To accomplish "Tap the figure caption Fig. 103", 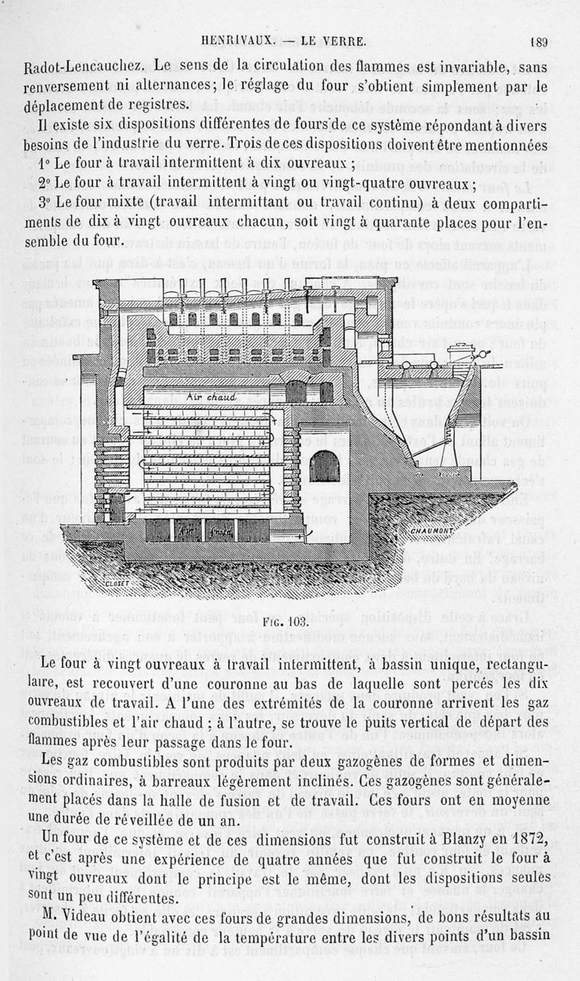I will click(294, 621).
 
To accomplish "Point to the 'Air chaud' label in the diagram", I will click(208, 397).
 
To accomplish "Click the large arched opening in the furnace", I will click(324, 465).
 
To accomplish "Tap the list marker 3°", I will click(45, 201).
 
